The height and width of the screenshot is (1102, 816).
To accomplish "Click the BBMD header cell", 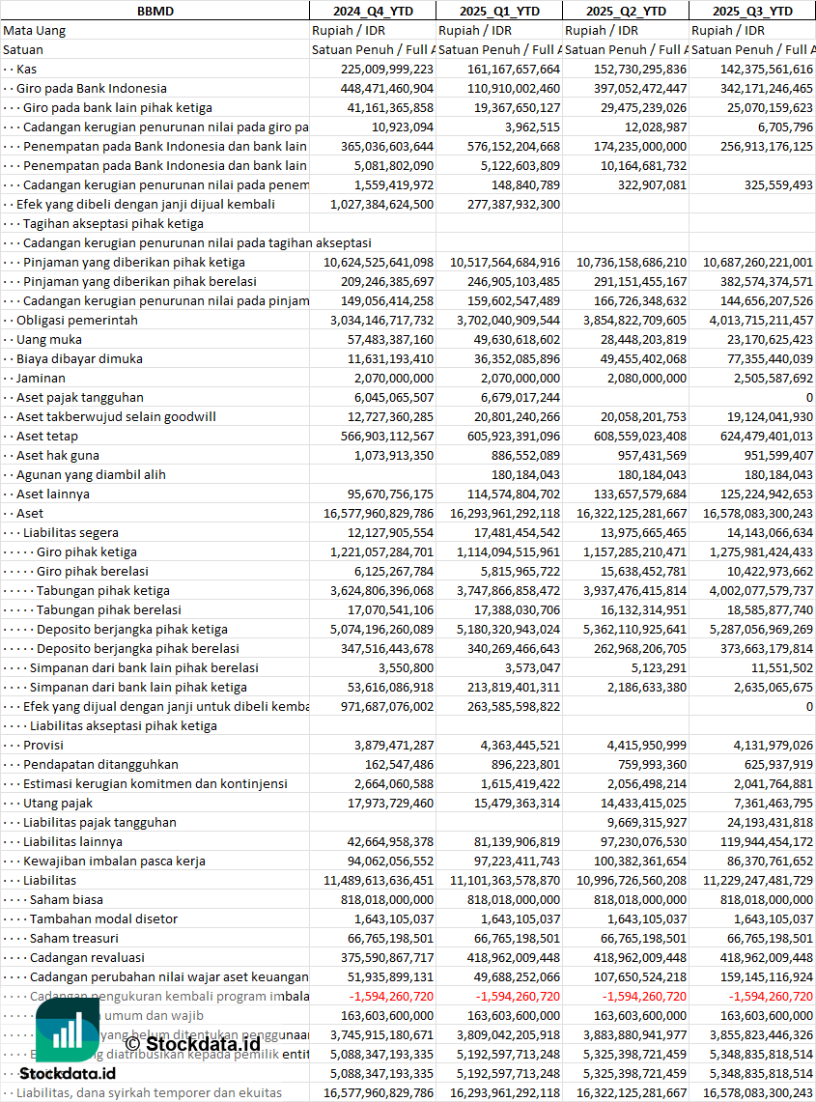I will pyautogui.click(x=155, y=11).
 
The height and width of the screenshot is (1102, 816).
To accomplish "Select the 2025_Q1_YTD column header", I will pyautogui.click(x=498, y=11).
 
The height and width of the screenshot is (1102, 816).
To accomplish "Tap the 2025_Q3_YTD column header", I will pyautogui.click(x=752, y=11).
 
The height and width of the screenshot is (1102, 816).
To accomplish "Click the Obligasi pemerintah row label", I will pyautogui.click(x=77, y=320).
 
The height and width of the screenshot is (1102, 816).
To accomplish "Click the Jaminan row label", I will pyautogui.click(x=41, y=378).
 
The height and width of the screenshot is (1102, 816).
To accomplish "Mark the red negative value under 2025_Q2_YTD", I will pyautogui.click(x=644, y=996).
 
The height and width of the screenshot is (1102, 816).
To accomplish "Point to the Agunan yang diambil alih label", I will pyautogui.click(x=92, y=474).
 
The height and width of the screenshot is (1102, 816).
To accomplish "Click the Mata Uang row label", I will pyautogui.click(x=35, y=30).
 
